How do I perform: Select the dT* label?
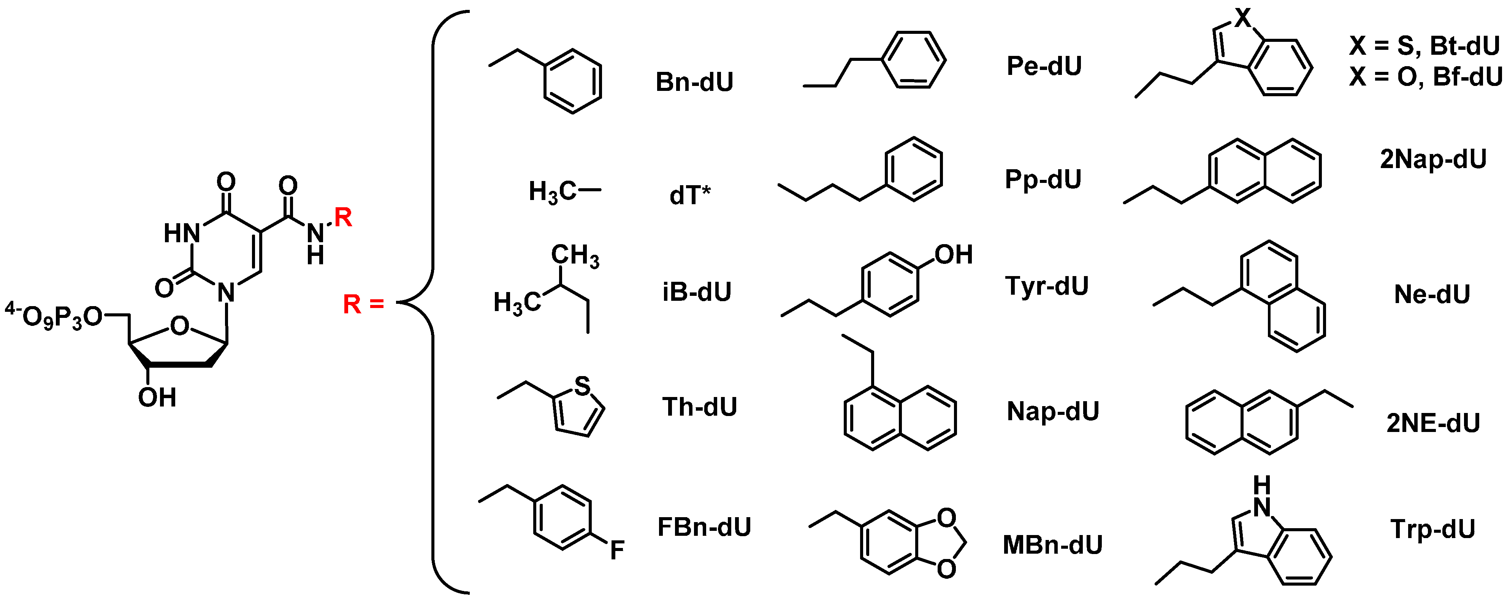coord(690,195)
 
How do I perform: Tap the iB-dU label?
coord(697,292)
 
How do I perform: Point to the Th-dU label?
coord(699,407)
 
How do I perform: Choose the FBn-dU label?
coord(704,527)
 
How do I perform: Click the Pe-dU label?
coord(1044,66)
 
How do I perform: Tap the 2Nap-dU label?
coord(1433,159)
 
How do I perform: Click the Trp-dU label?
coord(1432,529)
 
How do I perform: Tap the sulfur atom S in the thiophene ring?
coord(582,386)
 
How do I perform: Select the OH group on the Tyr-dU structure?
coord(954,254)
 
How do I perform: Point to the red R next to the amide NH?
coord(343,218)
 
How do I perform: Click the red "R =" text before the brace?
coord(363,304)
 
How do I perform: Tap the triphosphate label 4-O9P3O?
coord(53,316)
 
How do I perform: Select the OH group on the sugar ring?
coord(157,397)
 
